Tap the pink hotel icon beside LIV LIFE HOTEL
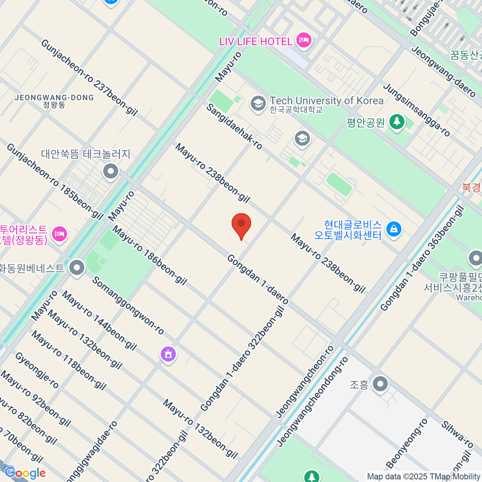[304, 40]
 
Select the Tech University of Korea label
[326, 100]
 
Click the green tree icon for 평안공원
[397, 121]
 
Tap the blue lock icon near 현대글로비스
[394, 229]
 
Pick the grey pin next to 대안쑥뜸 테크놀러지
[111, 172]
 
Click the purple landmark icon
[168, 354]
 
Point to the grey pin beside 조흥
[380, 384]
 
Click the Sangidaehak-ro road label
[235, 127]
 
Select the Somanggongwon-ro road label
[128, 306]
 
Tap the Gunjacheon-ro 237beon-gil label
[89, 77]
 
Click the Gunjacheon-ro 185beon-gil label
[55, 182]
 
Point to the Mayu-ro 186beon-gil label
[149, 255]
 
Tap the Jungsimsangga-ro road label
[417, 110]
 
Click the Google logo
[25, 473]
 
